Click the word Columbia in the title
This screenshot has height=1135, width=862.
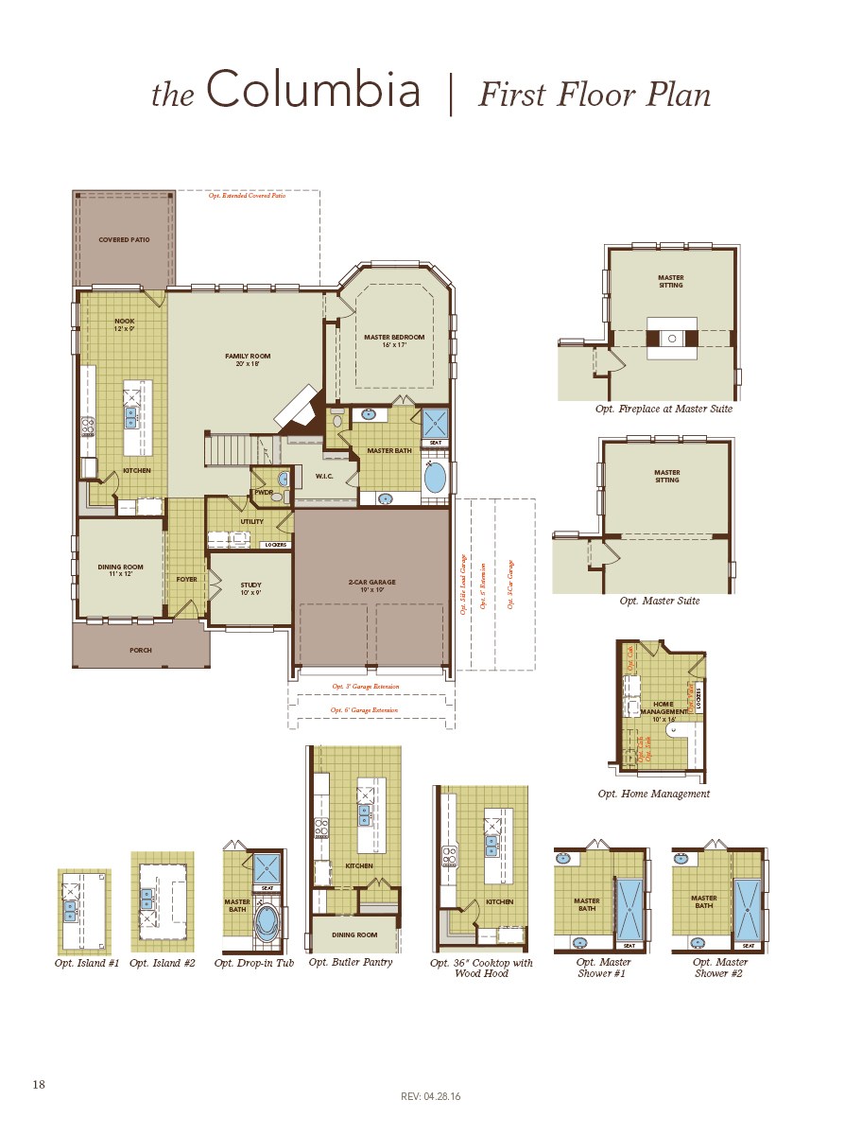tap(313, 92)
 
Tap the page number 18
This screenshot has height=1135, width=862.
tap(39, 1084)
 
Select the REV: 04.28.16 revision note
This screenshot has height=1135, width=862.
tap(430, 1097)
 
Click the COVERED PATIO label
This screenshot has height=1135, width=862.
tap(124, 240)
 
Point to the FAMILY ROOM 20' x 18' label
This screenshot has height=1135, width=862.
tap(248, 359)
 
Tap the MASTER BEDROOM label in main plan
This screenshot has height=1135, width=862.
tap(394, 340)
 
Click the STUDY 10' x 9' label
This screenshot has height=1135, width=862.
tap(250, 588)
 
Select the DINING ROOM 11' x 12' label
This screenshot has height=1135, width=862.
tap(120, 570)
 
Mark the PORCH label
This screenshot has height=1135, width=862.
tap(141, 651)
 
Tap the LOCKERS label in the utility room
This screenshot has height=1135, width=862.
tap(275, 545)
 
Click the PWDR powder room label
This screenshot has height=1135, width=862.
tap(263, 492)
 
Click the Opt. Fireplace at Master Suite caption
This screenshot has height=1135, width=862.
tap(664, 410)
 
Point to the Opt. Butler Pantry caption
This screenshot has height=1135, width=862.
tap(350, 963)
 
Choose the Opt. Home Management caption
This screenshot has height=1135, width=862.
tap(653, 794)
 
